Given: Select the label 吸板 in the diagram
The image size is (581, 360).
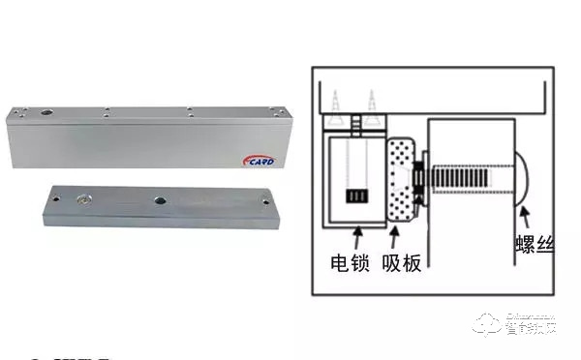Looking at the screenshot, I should [403, 262].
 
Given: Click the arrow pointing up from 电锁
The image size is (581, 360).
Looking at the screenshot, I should [358, 236].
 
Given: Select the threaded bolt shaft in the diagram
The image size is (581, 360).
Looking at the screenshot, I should [471, 181].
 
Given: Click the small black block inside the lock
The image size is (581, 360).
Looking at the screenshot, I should [357, 196].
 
